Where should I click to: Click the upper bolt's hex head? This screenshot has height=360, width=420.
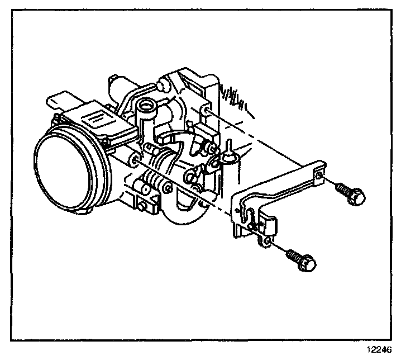[354, 197]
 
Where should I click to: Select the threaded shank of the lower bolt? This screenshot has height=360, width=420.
[293, 256]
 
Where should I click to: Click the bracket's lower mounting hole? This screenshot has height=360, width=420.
[267, 240]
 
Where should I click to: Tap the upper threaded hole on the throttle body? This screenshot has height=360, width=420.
[208, 113]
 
